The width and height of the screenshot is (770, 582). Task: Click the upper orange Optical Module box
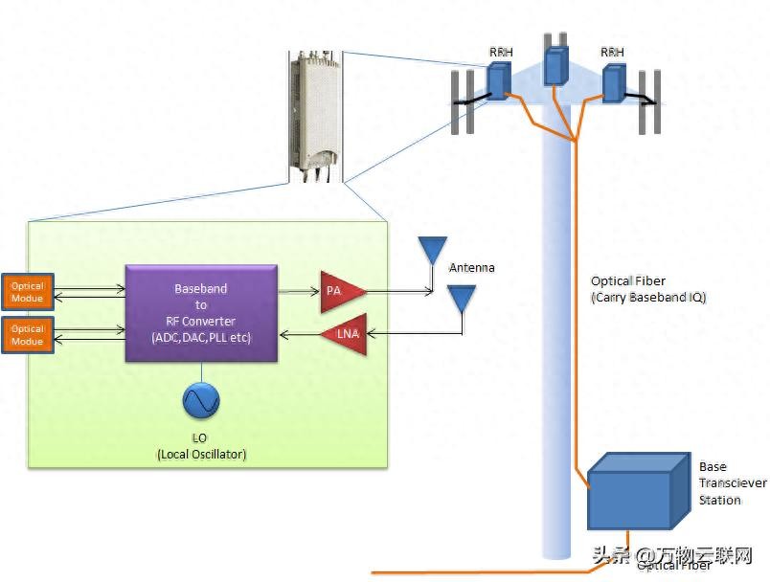click(28, 292)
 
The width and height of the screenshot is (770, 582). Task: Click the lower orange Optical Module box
click(28, 335)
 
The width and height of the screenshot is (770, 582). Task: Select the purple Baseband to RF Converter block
click(201, 313)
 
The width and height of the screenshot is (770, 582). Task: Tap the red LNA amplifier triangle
click(345, 333)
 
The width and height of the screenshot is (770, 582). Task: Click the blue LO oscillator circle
click(201, 400)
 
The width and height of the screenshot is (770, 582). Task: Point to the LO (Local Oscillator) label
click(201, 446)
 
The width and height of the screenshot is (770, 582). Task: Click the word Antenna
click(471, 267)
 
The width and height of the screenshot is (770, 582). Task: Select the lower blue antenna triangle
click(463, 298)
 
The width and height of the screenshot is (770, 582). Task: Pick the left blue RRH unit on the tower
click(498, 81)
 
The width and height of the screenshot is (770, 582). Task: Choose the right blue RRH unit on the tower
click(614, 82)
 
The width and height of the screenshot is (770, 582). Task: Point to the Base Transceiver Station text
click(732, 483)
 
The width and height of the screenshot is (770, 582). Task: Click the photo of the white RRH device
click(314, 115)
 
